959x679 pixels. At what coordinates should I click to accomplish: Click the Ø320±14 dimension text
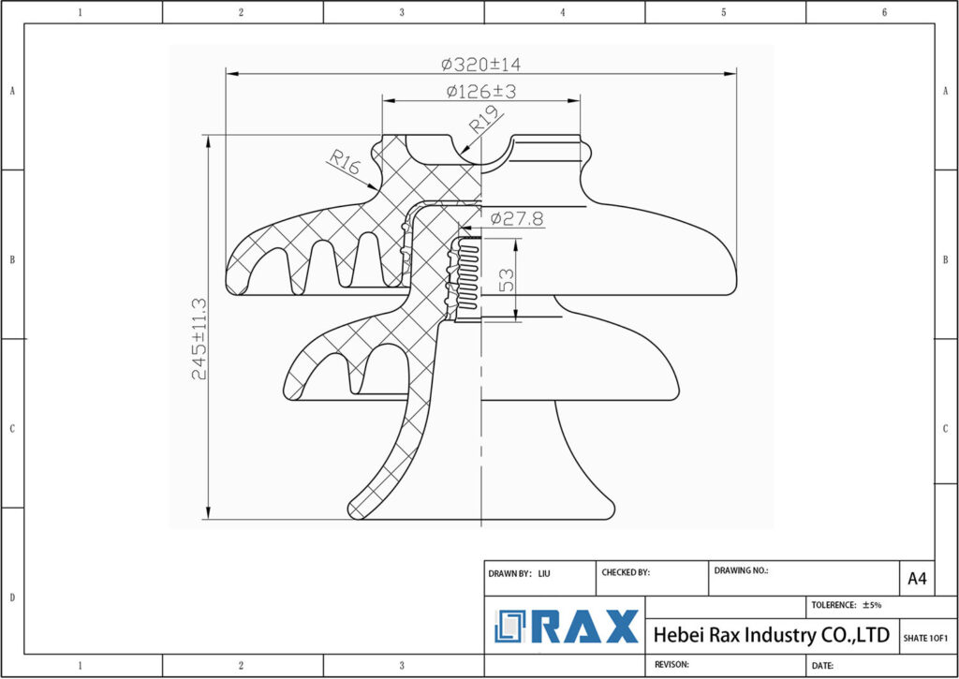coord(480,65)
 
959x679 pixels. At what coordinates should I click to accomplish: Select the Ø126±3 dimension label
coord(481,92)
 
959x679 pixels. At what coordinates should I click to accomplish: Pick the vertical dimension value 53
coord(507,280)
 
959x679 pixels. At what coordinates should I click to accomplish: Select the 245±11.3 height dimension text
coord(199,338)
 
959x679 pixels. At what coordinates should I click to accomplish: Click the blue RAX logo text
coord(584,627)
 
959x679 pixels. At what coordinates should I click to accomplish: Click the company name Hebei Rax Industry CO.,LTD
coord(771,635)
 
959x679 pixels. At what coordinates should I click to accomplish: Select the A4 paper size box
coord(917,580)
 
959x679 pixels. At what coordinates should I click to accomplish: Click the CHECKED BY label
coord(625,571)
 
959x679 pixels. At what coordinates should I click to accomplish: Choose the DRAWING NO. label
coord(741,569)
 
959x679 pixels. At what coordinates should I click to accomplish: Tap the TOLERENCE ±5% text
coord(847,605)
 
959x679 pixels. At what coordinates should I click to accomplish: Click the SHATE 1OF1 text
coord(925,638)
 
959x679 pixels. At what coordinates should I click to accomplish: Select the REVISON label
coord(672,664)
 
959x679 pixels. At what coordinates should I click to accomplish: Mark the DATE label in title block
coord(822,665)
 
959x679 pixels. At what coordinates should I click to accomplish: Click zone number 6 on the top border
coord(884,12)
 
